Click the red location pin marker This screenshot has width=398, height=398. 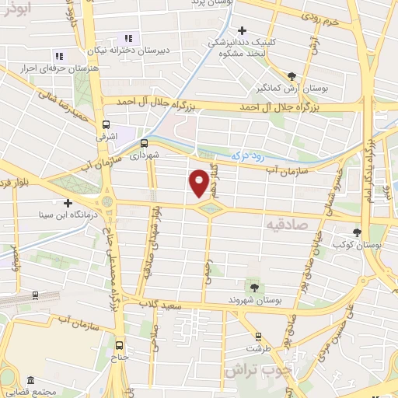click(x=199, y=182)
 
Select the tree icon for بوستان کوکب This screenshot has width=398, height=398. click(x=358, y=232)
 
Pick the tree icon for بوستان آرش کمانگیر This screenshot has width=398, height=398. click(x=292, y=75)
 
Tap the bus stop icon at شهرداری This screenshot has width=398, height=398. click(x=144, y=142)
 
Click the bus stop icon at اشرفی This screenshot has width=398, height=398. click(x=106, y=124)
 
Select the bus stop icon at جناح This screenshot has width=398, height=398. click(x=119, y=345)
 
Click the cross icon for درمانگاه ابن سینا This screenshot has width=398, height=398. click(x=68, y=202)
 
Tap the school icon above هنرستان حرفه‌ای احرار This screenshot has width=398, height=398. click(x=59, y=56)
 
